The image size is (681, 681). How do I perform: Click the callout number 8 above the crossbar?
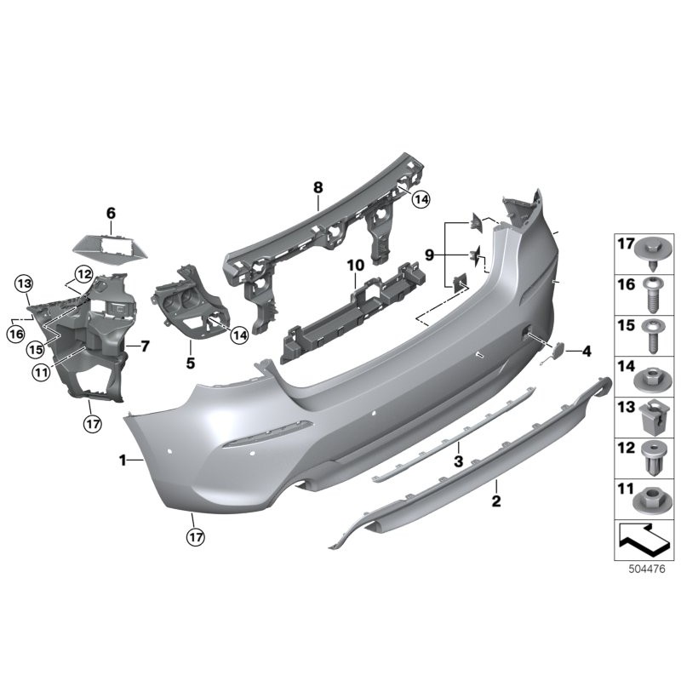click(317, 186)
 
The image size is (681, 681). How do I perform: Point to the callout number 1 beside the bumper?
click(123, 461)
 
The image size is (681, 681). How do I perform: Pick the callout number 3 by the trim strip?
click(458, 461)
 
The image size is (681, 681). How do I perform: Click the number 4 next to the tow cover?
click(587, 350)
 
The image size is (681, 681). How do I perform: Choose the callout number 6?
click(111, 213)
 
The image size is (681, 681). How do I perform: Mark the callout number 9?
click(430, 254)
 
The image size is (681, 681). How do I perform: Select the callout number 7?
click(145, 346)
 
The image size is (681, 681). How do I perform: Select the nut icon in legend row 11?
click(653, 495)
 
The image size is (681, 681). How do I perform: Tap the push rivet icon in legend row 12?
click(653, 457)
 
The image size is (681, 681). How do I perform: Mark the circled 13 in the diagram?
click(23, 283)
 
